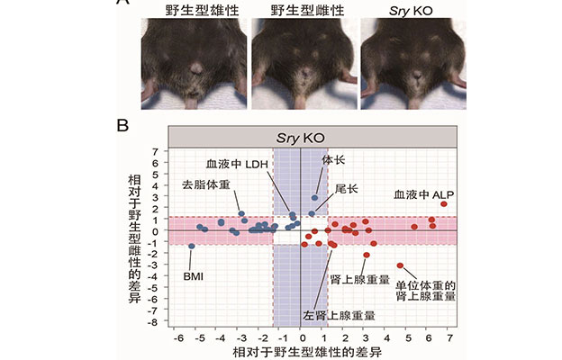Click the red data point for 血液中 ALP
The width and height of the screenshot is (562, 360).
[x=444, y=204]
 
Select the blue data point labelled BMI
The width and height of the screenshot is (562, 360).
[x=191, y=246]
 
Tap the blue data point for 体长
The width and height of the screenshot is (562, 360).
[x=314, y=197]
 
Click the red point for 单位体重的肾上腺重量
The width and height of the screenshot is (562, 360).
[x=400, y=265]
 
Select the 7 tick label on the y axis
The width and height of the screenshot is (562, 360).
[x=158, y=151]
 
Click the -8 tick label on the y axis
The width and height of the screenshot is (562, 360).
[x=156, y=321]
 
